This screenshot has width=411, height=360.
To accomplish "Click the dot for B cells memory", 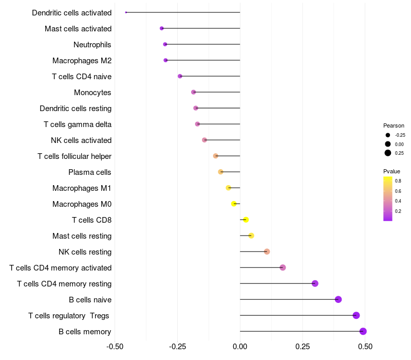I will click(x=363, y=331).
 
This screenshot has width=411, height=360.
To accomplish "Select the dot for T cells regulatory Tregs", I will click(x=356, y=315).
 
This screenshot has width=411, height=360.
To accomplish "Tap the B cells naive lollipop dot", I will click(x=338, y=299).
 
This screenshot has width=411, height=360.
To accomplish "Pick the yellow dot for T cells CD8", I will click(x=246, y=220).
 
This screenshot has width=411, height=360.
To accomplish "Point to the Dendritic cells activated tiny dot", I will click(x=126, y=12).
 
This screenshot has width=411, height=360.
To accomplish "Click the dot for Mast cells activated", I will click(x=162, y=28).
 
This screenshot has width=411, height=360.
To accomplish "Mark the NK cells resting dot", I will click(x=267, y=251).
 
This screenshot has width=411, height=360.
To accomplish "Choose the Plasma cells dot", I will click(x=220, y=172).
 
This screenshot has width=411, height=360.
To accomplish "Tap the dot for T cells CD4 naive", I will click(x=180, y=76).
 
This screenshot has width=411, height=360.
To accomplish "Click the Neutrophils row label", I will click(x=92, y=45).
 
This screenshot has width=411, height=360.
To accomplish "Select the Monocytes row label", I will click(x=92, y=93).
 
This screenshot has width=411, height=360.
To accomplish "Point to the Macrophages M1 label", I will click(x=82, y=188).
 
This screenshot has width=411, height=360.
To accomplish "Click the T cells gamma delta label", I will click(x=78, y=124).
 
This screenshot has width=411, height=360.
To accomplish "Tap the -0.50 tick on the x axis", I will click(x=115, y=347).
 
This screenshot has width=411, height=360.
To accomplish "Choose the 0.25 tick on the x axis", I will click(x=303, y=347).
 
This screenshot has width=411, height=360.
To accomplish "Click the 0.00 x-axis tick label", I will click(x=240, y=347).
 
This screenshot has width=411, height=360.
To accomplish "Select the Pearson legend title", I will click(x=394, y=125).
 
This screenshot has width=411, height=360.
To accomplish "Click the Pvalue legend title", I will click(x=391, y=171).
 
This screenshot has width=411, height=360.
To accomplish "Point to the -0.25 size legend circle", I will click(x=387, y=135).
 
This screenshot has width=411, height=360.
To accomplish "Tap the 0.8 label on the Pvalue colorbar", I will click(x=398, y=181).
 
